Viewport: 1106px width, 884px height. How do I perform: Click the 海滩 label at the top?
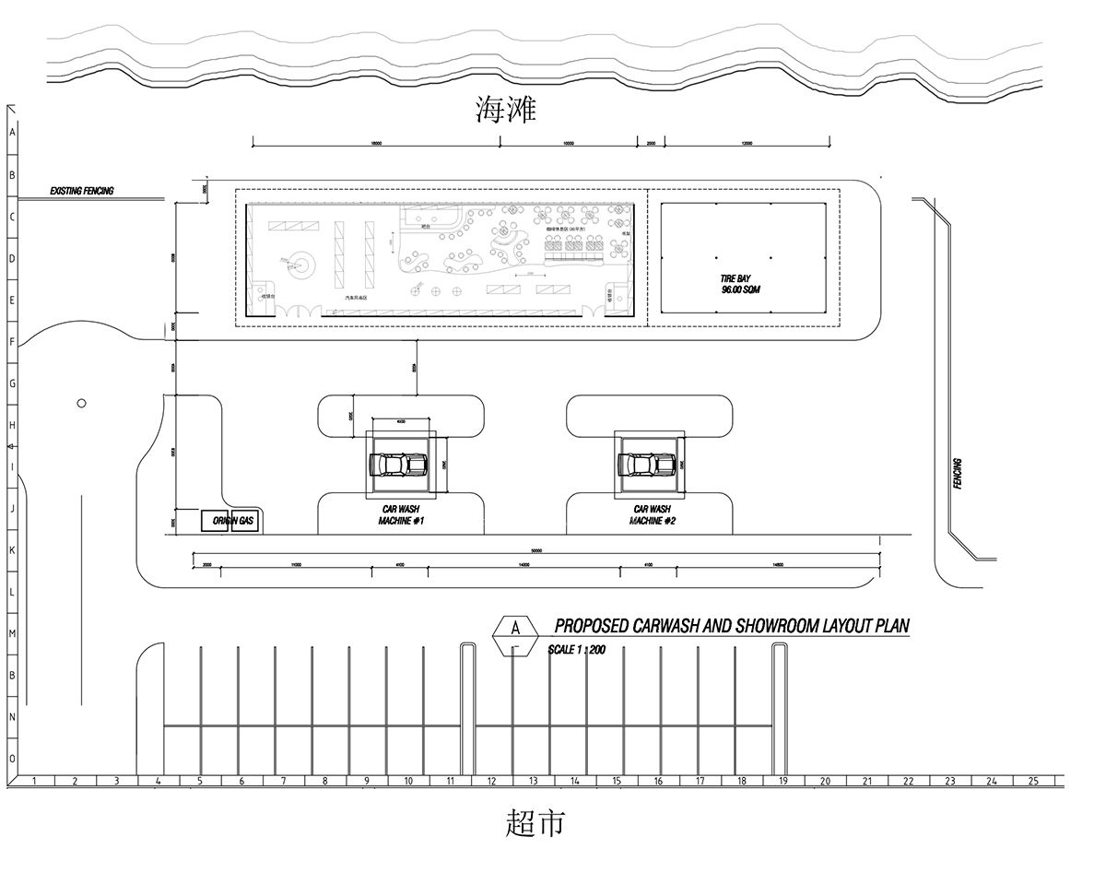(505, 112)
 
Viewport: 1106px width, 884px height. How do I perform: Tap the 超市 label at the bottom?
(535, 821)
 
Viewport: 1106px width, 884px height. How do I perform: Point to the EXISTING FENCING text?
(82, 191)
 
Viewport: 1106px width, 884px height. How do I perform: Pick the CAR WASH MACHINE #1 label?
(401, 515)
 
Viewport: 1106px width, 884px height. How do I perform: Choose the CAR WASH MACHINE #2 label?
(653, 515)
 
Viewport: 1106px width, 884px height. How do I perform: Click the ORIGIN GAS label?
(232, 521)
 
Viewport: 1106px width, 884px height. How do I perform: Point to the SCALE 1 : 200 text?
(576, 649)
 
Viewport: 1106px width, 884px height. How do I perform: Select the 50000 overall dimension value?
(536, 551)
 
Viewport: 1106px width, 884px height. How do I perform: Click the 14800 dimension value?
(778, 563)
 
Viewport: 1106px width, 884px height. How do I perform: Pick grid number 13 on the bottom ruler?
(533, 782)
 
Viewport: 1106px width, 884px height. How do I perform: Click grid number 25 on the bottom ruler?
(1032, 782)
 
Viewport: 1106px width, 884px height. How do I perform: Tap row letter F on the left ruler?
(12, 342)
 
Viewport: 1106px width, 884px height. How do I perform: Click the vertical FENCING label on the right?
(959, 474)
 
